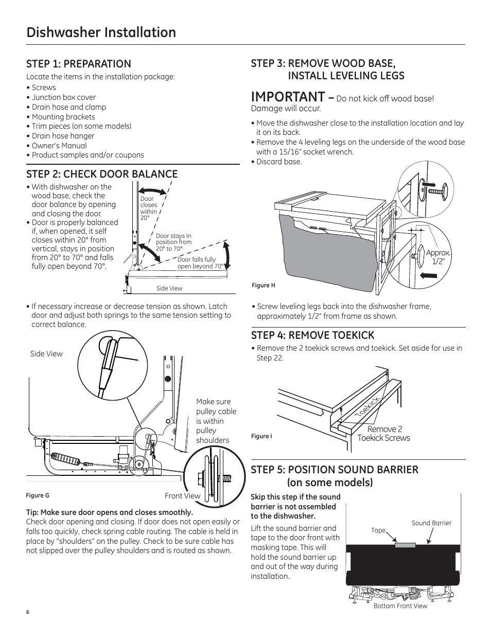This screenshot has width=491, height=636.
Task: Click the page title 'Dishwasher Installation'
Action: point(101,32)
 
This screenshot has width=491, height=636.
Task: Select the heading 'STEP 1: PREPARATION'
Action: point(79,64)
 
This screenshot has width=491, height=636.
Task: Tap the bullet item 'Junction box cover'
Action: point(63,97)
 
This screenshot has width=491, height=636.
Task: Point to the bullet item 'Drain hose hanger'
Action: point(63,136)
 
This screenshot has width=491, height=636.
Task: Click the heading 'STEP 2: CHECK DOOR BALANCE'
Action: point(102,174)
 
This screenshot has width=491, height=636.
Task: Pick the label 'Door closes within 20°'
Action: point(148,208)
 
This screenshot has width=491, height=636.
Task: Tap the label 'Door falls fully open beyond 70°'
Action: point(200,263)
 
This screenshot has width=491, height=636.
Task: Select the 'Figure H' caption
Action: point(264,285)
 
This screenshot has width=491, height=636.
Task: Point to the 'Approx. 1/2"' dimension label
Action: point(438,257)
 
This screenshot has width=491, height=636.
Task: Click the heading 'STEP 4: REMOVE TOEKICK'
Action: point(312,335)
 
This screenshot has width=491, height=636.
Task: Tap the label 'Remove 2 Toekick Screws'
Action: point(384,434)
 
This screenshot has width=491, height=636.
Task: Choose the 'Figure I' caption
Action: point(261,436)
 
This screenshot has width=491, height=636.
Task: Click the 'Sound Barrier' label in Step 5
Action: point(431,523)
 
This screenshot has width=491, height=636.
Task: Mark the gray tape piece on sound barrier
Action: point(405,545)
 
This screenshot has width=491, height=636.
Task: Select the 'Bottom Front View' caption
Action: point(400,606)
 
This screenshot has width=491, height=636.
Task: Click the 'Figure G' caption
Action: point(38,495)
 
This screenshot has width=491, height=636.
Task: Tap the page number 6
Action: point(28,612)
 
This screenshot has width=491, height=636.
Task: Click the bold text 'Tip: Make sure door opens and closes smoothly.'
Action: point(110,512)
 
